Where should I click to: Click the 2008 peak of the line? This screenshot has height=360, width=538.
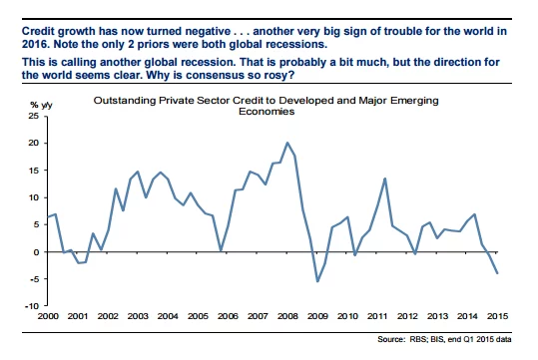coord(287,143)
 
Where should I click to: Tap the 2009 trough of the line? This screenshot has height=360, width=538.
coord(317,281)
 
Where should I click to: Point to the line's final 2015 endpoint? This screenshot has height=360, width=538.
coord(497,273)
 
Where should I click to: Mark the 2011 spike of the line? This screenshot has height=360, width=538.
coord(385,179)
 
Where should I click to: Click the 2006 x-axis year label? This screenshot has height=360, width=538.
coord(228,316)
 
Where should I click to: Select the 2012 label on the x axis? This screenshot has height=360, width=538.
coord(407,316)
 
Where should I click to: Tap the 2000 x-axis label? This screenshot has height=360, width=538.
coord(48,316)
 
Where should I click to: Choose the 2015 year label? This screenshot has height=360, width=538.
coord(497,316)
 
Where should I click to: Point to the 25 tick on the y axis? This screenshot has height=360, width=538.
coord(34,116)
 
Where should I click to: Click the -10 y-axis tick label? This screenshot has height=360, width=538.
coord(32,306)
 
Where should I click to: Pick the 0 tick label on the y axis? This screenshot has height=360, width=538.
coord(36,252)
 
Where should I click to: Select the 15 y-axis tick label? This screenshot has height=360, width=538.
coord(34,171)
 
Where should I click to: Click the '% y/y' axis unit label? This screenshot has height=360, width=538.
coord(41,105)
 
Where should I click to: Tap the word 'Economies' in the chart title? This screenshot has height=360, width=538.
coord(267,112)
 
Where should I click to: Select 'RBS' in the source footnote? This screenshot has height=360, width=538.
coord(417,339)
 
